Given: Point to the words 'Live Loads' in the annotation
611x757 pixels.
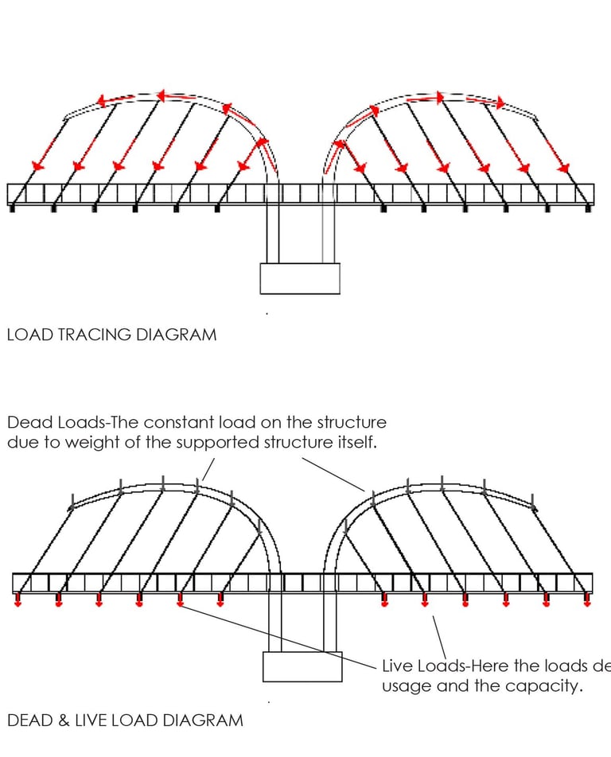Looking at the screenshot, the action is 420,666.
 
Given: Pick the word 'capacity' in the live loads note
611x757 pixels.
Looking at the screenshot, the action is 547,686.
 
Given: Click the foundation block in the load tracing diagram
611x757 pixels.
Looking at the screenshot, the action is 300,278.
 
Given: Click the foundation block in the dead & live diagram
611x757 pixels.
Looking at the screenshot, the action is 302,666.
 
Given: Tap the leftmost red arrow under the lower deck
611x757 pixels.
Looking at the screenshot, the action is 18,601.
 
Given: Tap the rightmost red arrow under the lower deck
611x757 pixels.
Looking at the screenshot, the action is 587,601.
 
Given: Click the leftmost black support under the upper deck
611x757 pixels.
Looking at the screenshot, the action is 12,208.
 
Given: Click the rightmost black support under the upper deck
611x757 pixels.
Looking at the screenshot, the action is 589,208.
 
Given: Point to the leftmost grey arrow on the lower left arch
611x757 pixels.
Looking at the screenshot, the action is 72,503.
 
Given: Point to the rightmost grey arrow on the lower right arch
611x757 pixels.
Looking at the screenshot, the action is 534,503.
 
